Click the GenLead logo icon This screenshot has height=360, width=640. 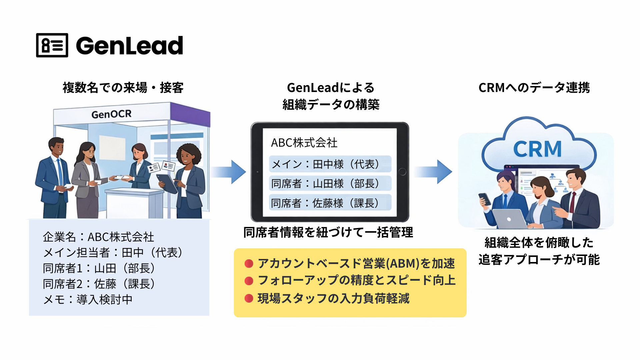click(52, 45)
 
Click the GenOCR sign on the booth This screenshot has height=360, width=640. click(111, 114)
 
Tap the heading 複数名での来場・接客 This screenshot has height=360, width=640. click(123, 88)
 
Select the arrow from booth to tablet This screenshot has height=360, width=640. click(228, 172)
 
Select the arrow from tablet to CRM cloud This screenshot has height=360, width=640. click(433, 172)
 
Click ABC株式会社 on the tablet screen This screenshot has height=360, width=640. click(304, 143)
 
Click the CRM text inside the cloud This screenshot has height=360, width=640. click(537, 149)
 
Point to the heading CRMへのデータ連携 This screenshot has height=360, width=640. click(534, 88)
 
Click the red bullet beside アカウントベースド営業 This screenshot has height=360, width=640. click(249, 264)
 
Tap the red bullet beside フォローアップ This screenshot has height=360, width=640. click(249, 281)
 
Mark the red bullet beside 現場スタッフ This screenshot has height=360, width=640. click(249, 298)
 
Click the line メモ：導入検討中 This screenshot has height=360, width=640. click(88, 299)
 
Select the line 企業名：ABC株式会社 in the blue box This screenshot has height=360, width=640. click(99, 237)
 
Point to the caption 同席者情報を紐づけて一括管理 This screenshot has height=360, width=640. click(328, 232)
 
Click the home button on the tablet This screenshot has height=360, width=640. click(402, 172)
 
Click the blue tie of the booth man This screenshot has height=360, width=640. click(60, 172)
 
